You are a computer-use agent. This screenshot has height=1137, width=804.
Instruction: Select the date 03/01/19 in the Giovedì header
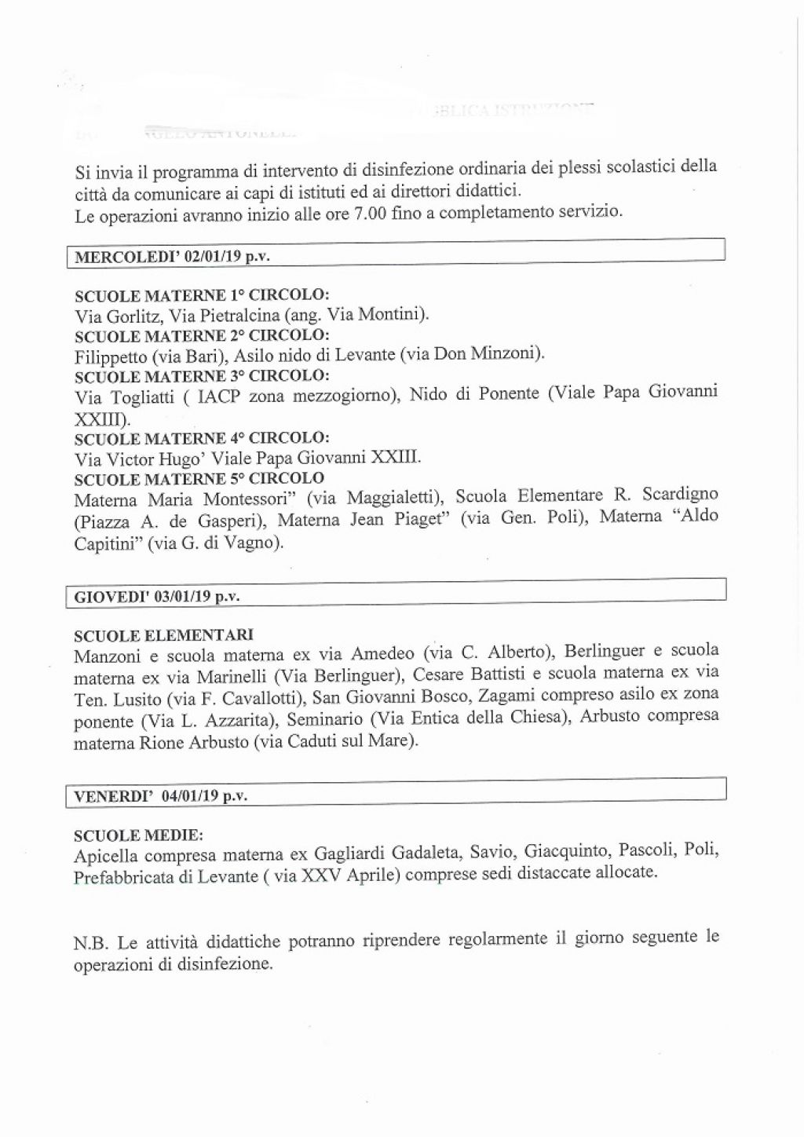182,597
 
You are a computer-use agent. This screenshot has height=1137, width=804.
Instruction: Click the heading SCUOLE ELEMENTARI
164,634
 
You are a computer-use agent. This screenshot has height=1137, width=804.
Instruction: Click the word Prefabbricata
123,877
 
